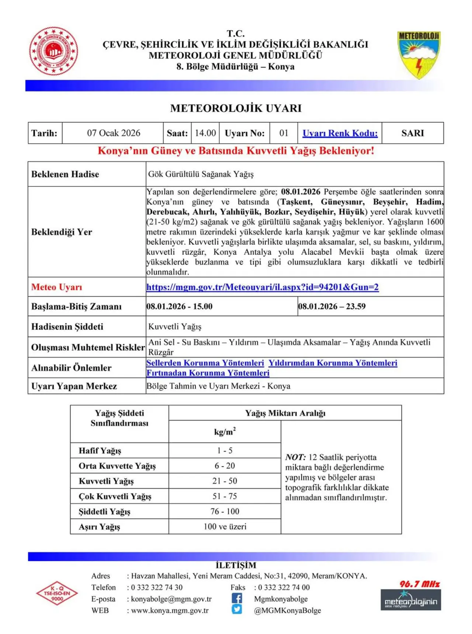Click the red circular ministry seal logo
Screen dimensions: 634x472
click(x=53, y=51)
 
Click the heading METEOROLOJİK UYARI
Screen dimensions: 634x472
click(x=236, y=108)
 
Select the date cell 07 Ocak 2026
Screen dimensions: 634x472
click(x=114, y=133)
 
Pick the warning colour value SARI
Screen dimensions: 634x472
click(x=412, y=133)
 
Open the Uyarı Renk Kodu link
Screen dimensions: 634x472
click(x=340, y=133)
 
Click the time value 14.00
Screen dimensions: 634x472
click(x=205, y=133)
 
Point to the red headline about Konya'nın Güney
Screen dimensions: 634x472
click(x=236, y=151)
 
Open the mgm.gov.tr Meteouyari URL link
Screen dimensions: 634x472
click(x=262, y=287)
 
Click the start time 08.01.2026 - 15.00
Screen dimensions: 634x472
click(x=180, y=306)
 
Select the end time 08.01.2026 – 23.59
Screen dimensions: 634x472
click(x=332, y=306)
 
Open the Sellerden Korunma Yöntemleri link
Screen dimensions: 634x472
click(x=205, y=363)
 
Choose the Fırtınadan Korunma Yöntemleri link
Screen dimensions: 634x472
click(x=208, y=373)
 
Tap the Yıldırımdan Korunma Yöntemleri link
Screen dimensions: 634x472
click(x=333, y=363)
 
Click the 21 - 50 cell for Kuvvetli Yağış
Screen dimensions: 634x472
click(x=225, y=481)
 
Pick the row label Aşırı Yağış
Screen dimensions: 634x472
click(x=100, y=527)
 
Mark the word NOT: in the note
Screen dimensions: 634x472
click(x=295, y=457)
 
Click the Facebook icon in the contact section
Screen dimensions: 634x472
click(x=237, y=598)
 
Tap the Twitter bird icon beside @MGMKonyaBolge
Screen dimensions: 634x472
click(x=237, y=610)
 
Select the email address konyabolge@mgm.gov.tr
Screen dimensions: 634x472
click(x=171, y=599)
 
